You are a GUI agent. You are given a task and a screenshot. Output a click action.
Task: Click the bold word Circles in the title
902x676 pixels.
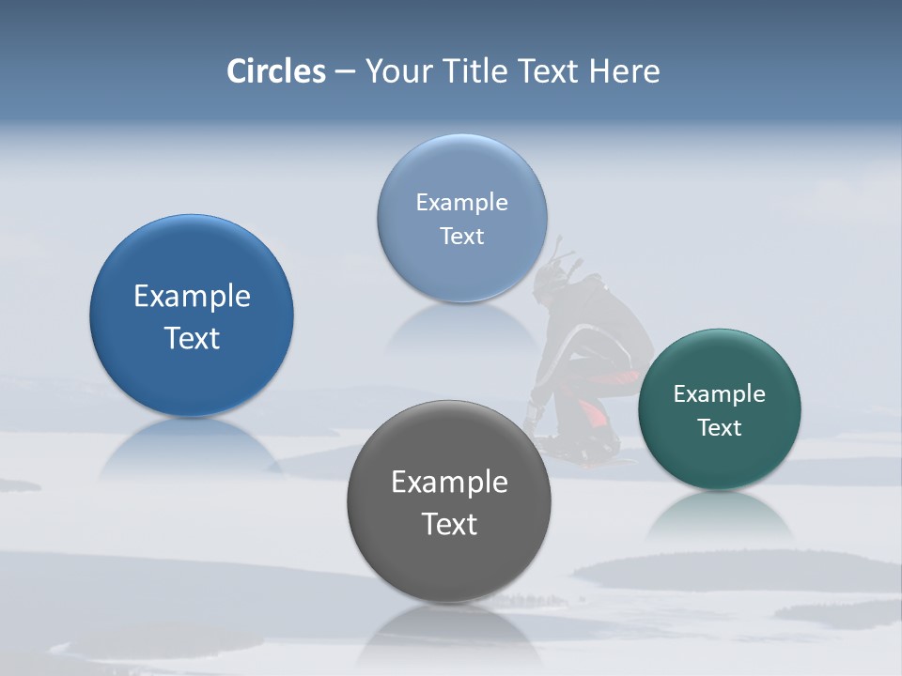276,71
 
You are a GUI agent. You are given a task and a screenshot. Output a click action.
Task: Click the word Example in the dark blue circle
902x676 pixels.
192,297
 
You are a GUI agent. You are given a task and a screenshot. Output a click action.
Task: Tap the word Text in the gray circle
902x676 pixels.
449,524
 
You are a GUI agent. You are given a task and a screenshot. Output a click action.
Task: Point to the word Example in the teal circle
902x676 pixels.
719,394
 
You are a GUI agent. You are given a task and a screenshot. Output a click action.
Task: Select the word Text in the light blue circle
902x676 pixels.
461,237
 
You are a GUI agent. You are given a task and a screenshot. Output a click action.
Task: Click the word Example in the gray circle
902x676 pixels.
449,483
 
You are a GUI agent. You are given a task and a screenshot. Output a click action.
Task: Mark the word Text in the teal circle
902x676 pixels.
719,428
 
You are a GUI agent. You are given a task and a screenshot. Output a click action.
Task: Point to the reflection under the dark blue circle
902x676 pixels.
191,451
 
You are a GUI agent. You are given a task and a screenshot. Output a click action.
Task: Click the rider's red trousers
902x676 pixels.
592,413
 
